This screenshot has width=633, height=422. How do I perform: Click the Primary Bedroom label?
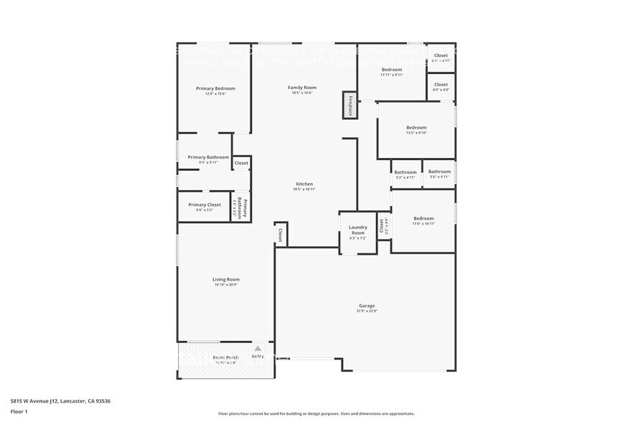point(215,89)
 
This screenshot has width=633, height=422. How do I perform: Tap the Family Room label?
point(302,88)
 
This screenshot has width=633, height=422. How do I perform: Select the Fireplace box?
point(350,105)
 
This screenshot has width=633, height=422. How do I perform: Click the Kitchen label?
point(304,184)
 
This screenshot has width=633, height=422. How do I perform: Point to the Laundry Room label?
point(357,230)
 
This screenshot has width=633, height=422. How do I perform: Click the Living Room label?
point(226,280)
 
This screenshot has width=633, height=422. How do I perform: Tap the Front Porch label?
point(225,357)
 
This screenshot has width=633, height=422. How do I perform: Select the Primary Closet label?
point(205,205)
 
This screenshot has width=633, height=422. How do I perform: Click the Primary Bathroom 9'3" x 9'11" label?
point(208,157)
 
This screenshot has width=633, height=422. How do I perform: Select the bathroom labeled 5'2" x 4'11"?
point(405,172)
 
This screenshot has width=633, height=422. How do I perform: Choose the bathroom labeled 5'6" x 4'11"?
point(439,172)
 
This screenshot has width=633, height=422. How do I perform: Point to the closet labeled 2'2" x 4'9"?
point(383,226)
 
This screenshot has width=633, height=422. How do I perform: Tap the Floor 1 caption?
point(19,411)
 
